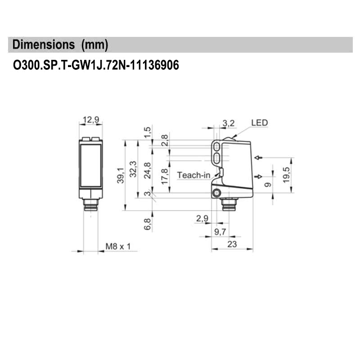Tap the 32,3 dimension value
(133, 169)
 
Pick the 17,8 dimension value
(165, 176)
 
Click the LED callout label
(259, 122)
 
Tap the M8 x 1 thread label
(117, 246)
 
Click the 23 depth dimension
(232, 244)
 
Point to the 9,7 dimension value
(220, 232)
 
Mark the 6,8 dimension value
(148, 224)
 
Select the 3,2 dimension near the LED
(229, 123)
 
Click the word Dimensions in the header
(44, 45)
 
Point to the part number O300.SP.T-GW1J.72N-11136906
(96, 66)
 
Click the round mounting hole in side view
(217, 193)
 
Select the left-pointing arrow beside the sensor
(258, 157)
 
